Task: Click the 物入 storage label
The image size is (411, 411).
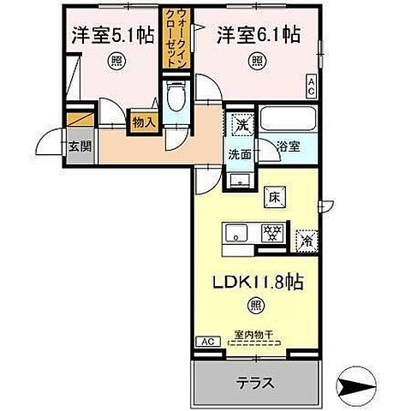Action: [143, 122]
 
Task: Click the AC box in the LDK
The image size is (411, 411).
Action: [206, 342]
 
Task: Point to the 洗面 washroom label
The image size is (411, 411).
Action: [238, 155]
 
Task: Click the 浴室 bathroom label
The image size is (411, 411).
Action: [288, 146]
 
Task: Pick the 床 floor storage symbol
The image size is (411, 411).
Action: [275, 196]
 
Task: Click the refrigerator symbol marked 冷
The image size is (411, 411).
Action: [304, 239]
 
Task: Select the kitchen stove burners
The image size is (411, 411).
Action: [272, 231]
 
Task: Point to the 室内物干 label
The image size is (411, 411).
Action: [253, 335]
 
